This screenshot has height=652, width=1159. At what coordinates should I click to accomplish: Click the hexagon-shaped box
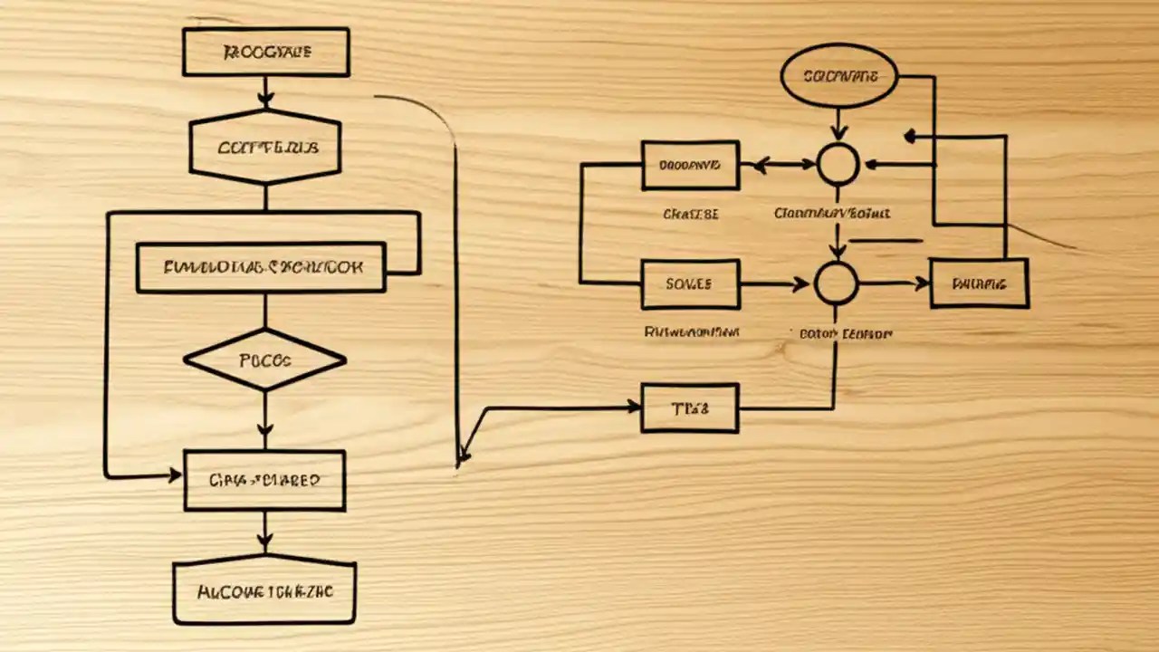[264, 148]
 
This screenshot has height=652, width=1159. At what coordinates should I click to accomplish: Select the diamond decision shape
[264, 360]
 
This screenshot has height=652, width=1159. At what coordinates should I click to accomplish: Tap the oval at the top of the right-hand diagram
[838, 77]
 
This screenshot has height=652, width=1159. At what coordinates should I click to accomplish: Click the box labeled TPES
[690, 407]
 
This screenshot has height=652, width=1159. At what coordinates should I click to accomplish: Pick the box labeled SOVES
[690, 283]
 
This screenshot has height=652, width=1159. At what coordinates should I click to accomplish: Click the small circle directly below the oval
[838, 165]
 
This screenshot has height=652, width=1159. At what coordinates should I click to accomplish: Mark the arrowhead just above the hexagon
[264, 98]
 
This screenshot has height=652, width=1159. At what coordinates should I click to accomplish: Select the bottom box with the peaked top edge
[264, 590]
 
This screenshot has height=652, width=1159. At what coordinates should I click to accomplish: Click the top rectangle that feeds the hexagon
[266, 52]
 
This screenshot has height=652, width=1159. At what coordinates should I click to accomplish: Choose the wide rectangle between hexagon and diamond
[261, 267]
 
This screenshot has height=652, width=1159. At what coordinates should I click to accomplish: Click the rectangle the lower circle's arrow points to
[979, 283]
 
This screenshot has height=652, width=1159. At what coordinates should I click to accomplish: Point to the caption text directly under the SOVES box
[692, 332]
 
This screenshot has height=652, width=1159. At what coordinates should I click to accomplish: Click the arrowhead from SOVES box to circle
[800, 284]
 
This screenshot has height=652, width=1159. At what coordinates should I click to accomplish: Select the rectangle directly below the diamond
[264, 480]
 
